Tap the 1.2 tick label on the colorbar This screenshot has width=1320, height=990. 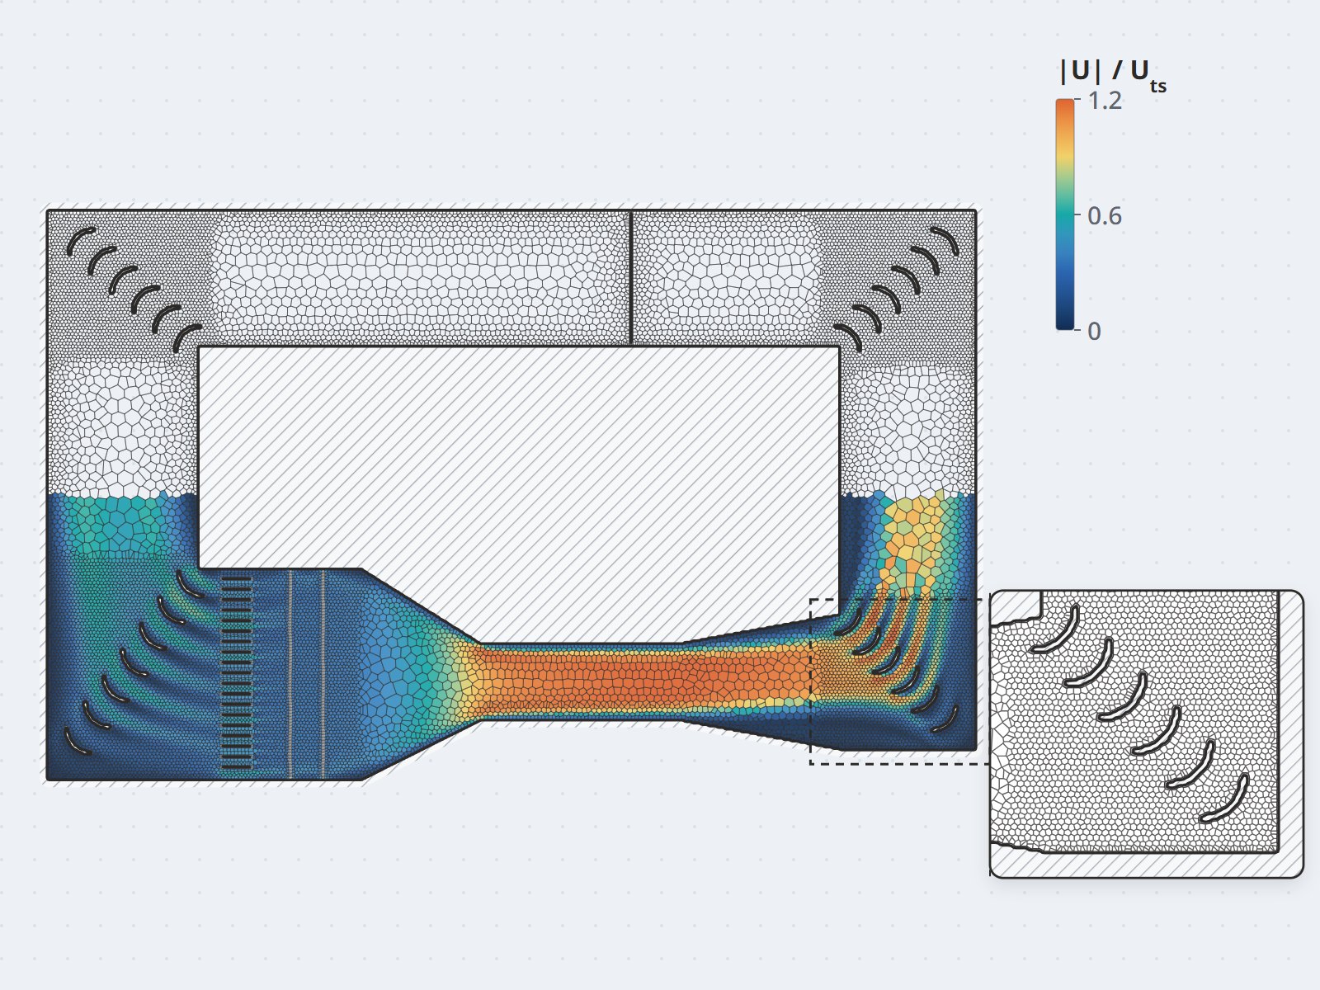point(1105,101)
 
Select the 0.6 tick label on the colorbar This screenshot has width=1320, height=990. point(1105,216)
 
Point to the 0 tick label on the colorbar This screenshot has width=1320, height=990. point(1095,331)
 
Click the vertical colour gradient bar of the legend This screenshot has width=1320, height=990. point(1065,214)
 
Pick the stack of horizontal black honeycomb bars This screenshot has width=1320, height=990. point(236,673)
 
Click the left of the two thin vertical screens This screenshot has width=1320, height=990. point(291,674)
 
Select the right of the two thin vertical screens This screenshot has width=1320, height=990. point(323,674)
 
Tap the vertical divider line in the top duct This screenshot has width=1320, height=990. point(631,278)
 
